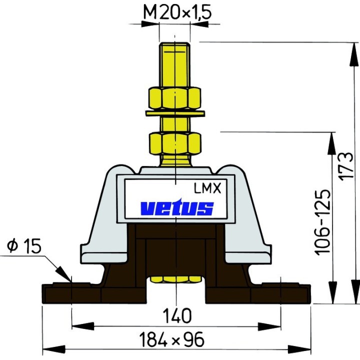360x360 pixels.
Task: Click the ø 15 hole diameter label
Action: coord(22,246)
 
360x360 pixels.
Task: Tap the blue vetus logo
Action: coord(176,207)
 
